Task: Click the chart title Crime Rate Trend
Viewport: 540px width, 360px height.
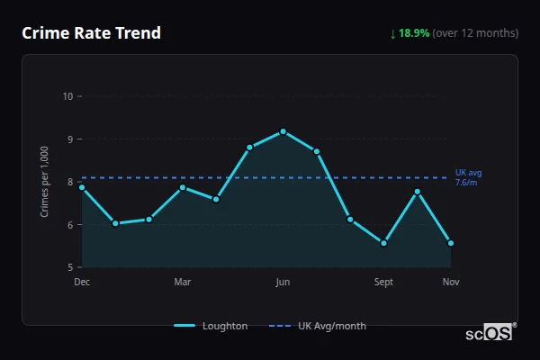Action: (92, 33)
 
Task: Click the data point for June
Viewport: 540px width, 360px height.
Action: (283, 131)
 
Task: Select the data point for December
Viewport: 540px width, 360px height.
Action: (82, 187)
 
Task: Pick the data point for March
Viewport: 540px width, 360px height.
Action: (182, 187)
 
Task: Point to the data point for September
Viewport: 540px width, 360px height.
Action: (383, 243)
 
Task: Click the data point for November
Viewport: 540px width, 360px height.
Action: (451, 243)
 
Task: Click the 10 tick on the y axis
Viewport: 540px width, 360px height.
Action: (67, 96)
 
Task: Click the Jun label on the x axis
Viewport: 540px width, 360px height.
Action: (283, 283)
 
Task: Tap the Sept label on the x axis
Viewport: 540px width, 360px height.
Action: (383, 283)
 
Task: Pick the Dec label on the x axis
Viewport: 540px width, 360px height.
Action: (82, 283)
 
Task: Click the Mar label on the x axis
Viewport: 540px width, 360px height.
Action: (182, 283)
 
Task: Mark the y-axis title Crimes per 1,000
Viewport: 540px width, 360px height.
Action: (44, 182)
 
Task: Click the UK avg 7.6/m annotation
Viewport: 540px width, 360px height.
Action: (468, 176)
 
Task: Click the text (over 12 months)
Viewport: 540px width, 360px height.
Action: (475, 33)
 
